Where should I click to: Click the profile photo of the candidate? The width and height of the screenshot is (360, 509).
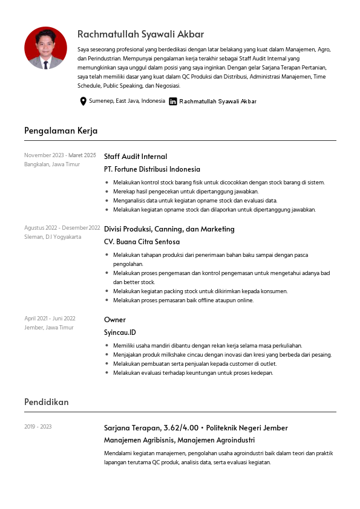pyautogui.click(x=45, y=48)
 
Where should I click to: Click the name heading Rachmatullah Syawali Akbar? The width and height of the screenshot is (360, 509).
pyautogui.click(x=140, y=34)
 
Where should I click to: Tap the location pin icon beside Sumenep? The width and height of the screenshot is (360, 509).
pyautogui.click(x=83, y=101)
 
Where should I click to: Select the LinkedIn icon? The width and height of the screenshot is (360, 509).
pyautogui.click(x=173, y=102)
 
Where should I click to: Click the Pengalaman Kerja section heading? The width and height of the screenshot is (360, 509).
pyautogui.click(x=61, y=131)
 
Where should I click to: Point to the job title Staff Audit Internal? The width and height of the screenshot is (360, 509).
pyautogui.click(x=136, y=157)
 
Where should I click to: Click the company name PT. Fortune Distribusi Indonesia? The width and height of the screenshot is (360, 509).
pyautogui.click(x=152, y=169)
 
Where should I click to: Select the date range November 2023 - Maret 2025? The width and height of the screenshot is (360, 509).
pyautogui.click(x=60, y=155)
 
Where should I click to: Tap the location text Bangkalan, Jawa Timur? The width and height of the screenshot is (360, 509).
pyautogui.click(x=52, y=164)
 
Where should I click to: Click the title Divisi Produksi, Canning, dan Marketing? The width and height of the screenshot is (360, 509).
pyautogui.click(x=169, y=229)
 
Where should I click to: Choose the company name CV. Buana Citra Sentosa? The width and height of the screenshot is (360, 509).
pyautogui.click(x=142, y=242)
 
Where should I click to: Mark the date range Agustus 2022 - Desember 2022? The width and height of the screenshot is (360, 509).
pyautogui.click(x=62, y=228)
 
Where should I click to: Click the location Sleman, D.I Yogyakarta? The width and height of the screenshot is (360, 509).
pyautogui.click(x=53, y=237)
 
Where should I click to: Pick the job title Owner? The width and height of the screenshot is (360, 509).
pyautogui.click(x=115, y=320)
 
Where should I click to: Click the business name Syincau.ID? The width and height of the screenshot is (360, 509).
pyautogui.click(x=120, y=332)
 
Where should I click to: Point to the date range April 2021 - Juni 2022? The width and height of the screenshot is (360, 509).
pyautogui.click(x=50, y=319)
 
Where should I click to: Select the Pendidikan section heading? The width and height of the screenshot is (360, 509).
pyautogui.click(x=47, y=402)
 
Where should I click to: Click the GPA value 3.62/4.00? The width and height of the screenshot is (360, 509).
pyautogui.click(x=174, y=428)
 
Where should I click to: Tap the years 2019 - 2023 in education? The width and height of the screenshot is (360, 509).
pyautogui.click(x=38, y=427)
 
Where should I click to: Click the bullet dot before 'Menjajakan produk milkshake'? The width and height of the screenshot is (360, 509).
pyautogui.click(x=106, y=355)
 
